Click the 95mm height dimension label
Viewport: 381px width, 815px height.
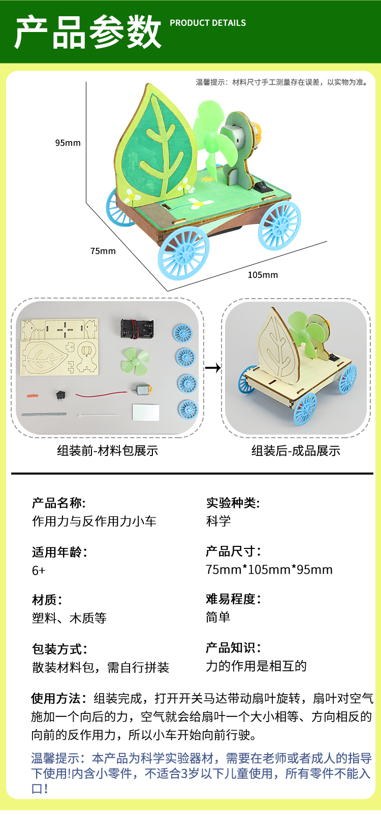point(68,143)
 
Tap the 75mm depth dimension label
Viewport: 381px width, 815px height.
point(103,251)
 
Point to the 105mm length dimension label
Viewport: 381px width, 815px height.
point(263,275)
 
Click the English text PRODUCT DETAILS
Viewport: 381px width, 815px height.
point(208,23)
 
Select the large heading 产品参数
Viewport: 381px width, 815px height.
point(88,32)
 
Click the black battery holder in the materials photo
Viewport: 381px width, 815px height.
point(136,328)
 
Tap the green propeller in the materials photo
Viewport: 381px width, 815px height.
point(135,360)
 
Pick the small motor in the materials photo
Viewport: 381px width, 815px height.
point(143,390)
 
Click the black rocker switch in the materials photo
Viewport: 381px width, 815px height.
point(61,394)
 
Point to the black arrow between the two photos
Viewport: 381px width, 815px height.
point(213,368)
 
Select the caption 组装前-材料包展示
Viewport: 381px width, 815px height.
point(108,450)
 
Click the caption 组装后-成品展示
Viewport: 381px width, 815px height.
point(296,450)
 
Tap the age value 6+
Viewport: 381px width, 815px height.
point(39,571)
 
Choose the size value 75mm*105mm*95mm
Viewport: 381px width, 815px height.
point(269,570)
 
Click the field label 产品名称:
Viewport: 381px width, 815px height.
point(59,503)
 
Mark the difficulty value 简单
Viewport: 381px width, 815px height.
point(218,617)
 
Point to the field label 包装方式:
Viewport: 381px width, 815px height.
point(60,649)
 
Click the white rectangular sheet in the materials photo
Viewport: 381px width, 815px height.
point(145,412)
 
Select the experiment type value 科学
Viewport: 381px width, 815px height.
point(218,521)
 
